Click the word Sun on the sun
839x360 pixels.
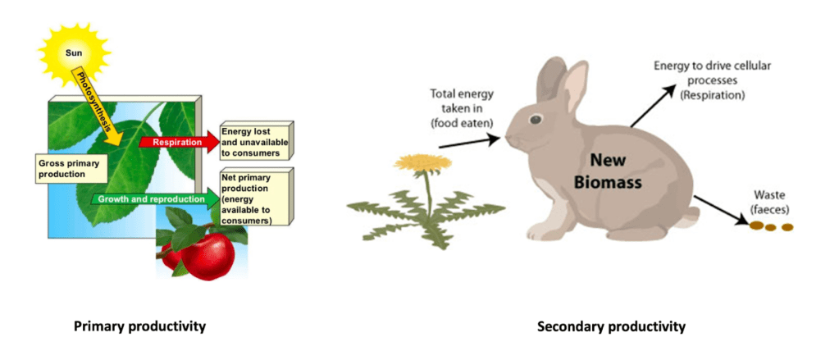73,52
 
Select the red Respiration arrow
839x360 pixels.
179,142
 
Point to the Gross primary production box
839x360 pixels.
71,169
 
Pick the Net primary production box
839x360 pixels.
255,197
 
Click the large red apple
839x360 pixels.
207,256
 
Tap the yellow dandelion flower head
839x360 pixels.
422,162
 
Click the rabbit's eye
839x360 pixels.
535,119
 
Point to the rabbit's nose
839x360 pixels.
507,140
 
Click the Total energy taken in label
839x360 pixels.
462,108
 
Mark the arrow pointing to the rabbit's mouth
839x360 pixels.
471,143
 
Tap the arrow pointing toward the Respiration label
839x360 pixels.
651,106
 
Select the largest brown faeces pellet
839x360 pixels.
755,226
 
